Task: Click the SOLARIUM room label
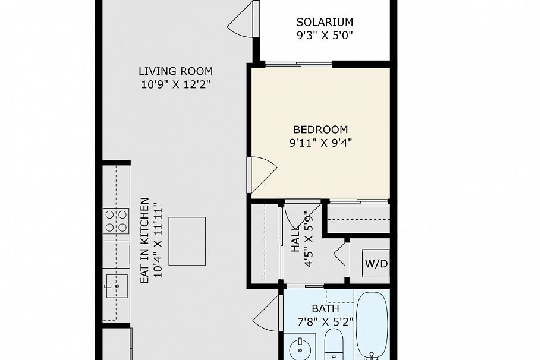click(325, 23)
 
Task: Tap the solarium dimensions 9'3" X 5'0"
click(325, 35)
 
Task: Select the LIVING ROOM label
click(176, 71)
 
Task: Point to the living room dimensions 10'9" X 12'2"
click(176, 84)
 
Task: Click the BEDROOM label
click(320, 130)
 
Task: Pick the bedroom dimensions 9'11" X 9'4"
click(320, 143)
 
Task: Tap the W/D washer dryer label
click(376, 263)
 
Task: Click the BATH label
click(325, 309)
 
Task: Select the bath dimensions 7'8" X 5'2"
click(325, 322)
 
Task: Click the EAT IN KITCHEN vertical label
click(144, 241)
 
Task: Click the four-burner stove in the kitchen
click(116, 220)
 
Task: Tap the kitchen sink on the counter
click(117, 286)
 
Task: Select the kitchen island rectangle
click(187, 241)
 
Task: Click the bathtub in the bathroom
click(372, 324)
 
